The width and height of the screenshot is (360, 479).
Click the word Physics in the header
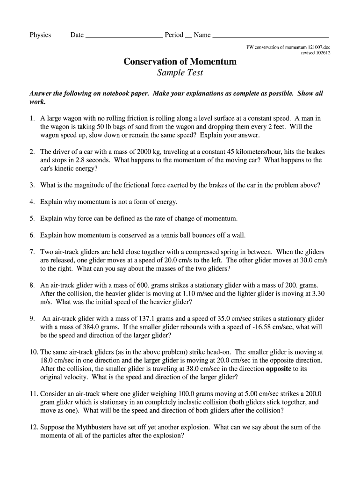click(40, 35)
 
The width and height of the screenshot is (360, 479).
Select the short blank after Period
click(188, 36)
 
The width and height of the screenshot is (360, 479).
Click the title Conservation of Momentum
click(180, 61)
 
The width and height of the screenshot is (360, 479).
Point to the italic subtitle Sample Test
click(180, 73)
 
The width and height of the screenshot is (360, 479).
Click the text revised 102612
click(316, 53)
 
